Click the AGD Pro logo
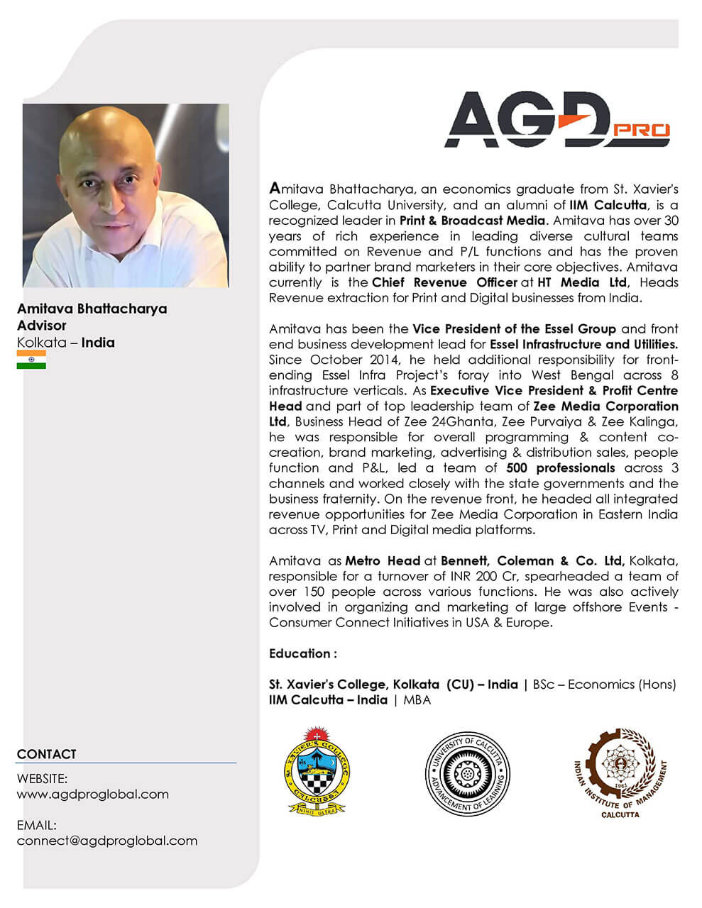pos(556,121)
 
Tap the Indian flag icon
pos(31,360)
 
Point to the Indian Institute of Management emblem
pos(620,772)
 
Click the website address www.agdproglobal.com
pos(93,794)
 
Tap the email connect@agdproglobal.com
pos(107,841)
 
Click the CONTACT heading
pos(46,754)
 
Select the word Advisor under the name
pos(41,326)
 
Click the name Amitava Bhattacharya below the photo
pos(92,309)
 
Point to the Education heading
pos(302,653)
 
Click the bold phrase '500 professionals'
pos(561,468)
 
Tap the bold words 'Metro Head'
pos(383,560)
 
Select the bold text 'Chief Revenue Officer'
pos(444,282)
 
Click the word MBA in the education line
pos(417,700)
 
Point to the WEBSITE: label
pos(42,779)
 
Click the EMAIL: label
pos(36,825)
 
